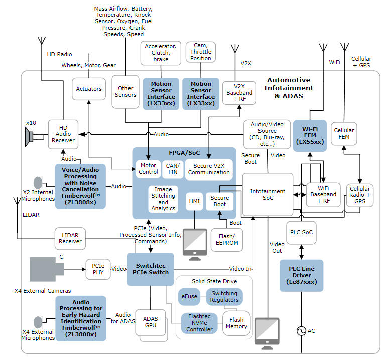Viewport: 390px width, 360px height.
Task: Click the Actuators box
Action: click(89, 89)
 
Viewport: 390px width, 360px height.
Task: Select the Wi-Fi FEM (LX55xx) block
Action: click(310, 136)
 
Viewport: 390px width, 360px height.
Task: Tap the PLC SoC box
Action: click(302, 233)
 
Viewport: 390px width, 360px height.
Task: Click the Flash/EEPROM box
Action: click(227, 240)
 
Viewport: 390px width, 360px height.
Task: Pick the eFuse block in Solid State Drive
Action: click(189, 297)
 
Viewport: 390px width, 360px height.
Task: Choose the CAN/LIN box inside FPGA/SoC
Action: click(173, 169)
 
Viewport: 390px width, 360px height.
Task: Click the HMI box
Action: click(194, 201)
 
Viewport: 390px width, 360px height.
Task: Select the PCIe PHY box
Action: click(98, 269)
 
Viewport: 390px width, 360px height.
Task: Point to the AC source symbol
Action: click(301, 331)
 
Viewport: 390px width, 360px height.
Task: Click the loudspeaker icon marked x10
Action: click(29, 137)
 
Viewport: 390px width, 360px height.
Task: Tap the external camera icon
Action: click(47, 269)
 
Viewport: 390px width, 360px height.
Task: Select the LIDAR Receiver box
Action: click(70, 238)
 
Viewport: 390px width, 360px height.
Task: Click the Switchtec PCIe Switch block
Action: click(151, 269)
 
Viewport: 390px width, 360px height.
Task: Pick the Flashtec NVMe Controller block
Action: click(199, 323)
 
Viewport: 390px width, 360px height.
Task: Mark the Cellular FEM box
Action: click(344, 134)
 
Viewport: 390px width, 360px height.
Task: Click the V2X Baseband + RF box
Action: click(239, 93)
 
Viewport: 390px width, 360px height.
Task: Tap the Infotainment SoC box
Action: click(268, 195)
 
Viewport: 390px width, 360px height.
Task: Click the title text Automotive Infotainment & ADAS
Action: click(289, 88)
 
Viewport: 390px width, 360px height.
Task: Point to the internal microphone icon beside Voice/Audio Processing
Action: click(38, 183)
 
